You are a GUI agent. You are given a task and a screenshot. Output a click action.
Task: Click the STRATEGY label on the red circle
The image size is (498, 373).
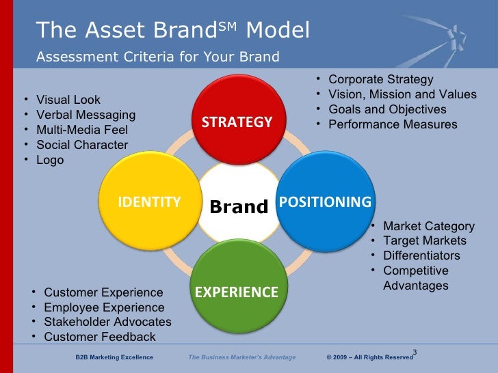coord(237,123)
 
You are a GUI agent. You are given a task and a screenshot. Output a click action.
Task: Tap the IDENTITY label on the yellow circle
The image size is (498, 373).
coord(150,202)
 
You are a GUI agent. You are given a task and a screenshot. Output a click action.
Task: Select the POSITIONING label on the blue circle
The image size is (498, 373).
coord(325,202)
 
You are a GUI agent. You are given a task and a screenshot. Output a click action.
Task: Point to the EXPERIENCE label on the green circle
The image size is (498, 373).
coord(237,292)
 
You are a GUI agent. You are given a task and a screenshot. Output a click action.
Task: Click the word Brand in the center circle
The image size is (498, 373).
coord(239,206)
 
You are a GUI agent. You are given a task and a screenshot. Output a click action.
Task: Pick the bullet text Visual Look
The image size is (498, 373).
coord(68,100)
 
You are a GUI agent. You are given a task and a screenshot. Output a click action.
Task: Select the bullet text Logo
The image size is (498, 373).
coord(50,160)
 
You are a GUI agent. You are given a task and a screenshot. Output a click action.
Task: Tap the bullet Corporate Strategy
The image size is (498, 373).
coord(381,80)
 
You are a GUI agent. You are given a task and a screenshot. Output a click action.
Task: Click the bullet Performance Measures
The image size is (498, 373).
coord(393,124)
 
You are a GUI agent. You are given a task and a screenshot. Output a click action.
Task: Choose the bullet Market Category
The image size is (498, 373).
coord(429,226)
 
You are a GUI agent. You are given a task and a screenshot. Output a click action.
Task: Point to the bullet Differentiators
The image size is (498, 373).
coord(421,255)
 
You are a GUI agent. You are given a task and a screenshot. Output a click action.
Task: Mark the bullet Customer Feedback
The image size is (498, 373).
coord(100,337)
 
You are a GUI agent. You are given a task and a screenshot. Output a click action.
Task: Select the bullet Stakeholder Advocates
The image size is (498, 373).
coord(107,322)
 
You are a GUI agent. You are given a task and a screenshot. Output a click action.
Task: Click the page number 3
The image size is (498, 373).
coord(415,353)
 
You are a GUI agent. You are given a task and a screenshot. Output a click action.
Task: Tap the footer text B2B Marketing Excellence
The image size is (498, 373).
coord(114,357)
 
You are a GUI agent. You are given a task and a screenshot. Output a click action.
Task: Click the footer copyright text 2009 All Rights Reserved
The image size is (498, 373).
coord(370,357)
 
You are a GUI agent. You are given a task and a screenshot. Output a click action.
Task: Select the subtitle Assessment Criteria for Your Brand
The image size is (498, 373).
coord(158,57)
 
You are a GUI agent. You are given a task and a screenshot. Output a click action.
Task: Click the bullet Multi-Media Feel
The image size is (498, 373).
coord(82,130)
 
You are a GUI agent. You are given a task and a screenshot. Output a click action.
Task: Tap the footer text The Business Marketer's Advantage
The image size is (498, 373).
coord(242,357)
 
